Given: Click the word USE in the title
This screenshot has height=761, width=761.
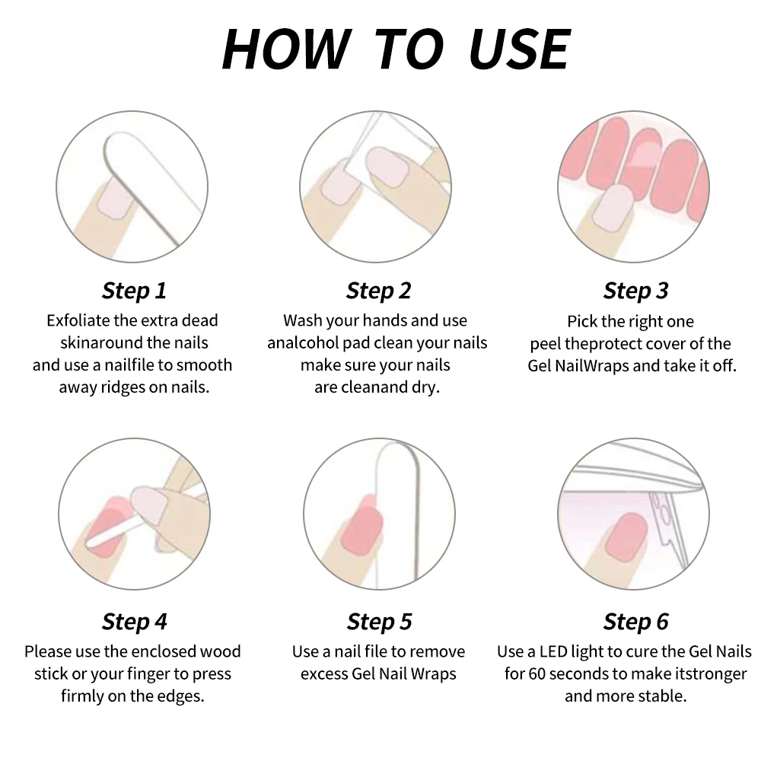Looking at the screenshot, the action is click(x=520, y=49).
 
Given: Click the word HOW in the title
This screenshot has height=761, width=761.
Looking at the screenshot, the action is click(x=286, y=49).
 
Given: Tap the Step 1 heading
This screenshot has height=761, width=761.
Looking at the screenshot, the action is click(x=135, y=291).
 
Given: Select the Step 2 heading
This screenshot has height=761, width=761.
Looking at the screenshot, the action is click(x=378, y=291).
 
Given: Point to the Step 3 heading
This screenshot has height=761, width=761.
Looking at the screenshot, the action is click(x=635, y=291).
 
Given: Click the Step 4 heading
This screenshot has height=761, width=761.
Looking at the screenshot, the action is click(x=135, y=622).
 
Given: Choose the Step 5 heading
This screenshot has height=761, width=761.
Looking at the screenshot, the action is click(x=379, y=622).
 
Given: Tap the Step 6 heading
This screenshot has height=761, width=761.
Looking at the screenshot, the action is click(x=635, y=622).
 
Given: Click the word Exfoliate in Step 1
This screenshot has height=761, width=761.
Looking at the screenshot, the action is click(x=78, y=320).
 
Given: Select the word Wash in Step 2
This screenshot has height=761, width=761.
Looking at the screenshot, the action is click(x=302, y=320).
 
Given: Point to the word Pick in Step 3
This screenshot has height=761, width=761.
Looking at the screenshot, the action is click(x=582, y=321).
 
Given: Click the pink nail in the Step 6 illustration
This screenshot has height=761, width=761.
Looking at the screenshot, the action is click(x=626, y=537).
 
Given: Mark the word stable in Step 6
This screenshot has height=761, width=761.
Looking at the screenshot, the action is click(x=663, y=696).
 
